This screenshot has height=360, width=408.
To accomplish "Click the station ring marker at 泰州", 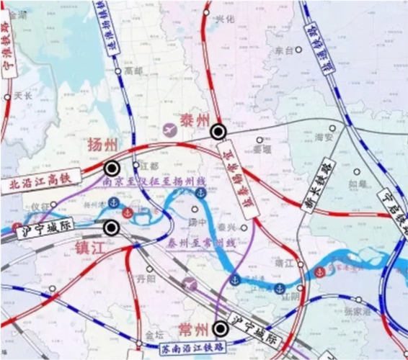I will click(218, 132).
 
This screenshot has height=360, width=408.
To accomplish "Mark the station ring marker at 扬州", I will click(112, 168).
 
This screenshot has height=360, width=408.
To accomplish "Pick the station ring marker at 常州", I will click(221, 329).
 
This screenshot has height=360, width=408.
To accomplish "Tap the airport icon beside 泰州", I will click(171, 129).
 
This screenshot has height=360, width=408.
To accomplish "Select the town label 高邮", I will click(133, 71).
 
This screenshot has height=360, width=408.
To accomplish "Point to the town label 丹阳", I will click(146, 278).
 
